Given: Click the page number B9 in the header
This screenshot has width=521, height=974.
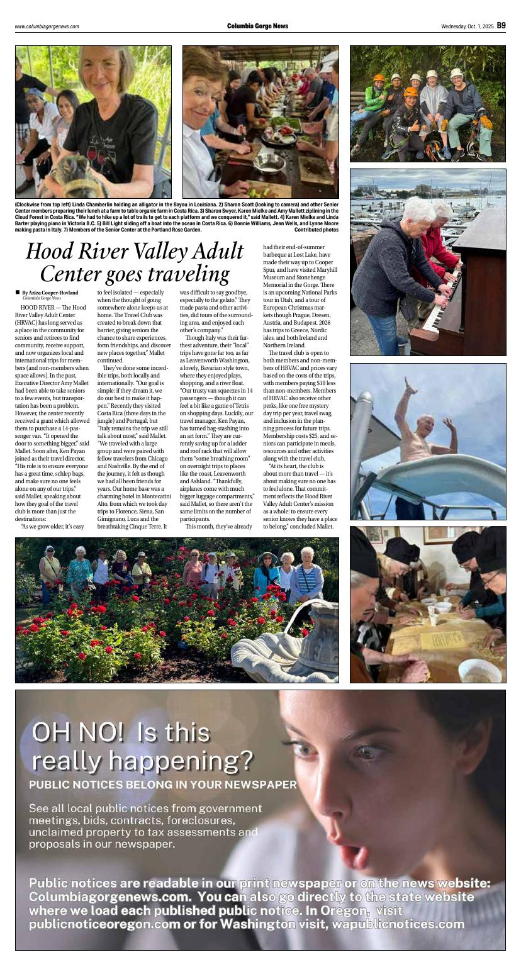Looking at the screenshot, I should coord(501,26).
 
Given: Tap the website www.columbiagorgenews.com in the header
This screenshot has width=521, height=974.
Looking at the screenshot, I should coord(47,26).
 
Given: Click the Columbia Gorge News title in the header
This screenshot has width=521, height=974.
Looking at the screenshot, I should coord(258,26).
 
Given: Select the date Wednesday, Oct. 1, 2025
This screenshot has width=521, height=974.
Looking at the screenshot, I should coord(467,26).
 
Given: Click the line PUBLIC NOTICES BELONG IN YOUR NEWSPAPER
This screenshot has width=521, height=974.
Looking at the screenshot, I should coord(162,785).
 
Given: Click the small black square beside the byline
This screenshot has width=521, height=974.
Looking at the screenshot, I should coord(18,292).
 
